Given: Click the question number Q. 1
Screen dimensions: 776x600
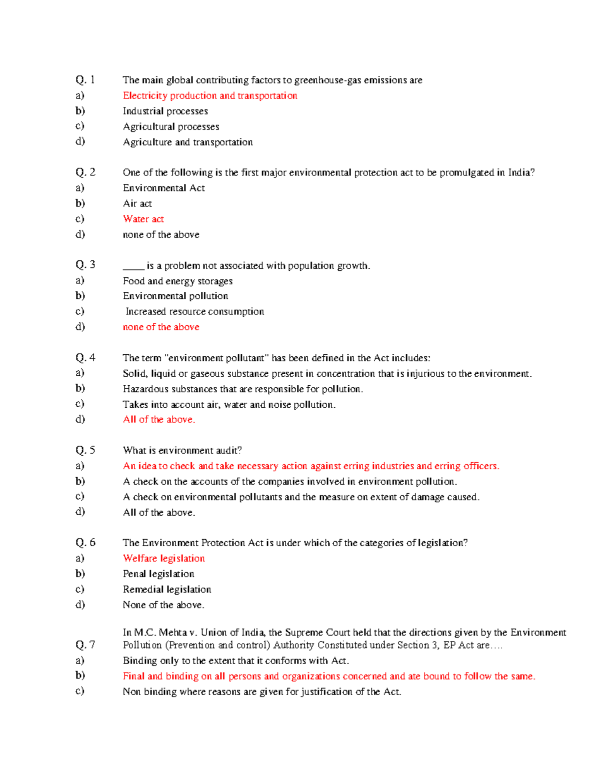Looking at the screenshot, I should (85, 80).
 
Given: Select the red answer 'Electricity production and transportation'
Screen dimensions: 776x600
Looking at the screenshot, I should (210, 95).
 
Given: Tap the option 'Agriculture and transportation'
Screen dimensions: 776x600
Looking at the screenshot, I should (187, 142).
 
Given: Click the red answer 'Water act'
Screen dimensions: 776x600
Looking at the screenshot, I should (143, 219).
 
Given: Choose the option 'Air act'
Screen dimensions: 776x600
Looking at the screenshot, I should (137, 203).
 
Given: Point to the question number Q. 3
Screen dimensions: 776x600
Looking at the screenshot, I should (85, 265).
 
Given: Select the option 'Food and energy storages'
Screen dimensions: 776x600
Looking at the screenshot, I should (177, 281).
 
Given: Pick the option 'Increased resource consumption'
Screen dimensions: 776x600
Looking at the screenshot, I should (194, 311).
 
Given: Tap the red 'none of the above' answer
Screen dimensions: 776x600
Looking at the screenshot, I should (161, 327).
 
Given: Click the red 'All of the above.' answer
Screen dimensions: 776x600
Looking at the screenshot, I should (159, 419).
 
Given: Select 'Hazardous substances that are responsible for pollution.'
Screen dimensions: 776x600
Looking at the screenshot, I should (243, 389).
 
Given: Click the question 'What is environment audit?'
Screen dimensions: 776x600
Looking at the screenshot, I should (182, 450).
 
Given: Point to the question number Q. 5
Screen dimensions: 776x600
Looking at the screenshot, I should (85, 450).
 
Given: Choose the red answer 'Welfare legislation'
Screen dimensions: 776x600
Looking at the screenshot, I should (164, 558).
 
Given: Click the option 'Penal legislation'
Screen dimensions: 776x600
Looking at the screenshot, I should (158, 574).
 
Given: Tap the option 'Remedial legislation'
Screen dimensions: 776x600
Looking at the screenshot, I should (167, 589).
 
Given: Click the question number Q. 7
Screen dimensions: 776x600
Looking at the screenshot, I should (85, 645).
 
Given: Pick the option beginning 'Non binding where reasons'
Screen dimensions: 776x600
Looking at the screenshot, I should (262, 692).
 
